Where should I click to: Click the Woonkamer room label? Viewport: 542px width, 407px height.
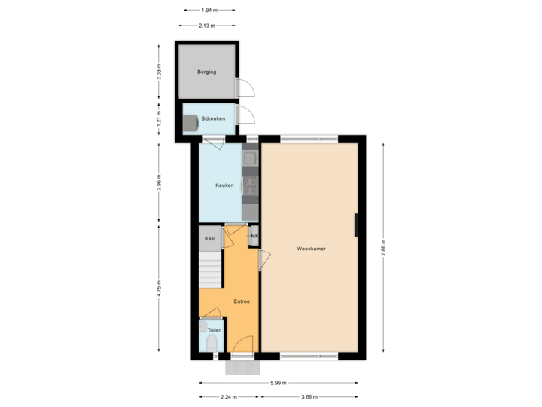coord(309,247)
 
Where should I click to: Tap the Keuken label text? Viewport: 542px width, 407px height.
coord(224,185)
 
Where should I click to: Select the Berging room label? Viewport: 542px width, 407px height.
coord(207,72)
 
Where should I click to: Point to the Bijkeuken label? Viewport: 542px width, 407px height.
coord(213,119)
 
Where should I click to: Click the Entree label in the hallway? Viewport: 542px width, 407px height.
coord(242,301)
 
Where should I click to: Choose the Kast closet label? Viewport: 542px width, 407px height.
coord(210,238)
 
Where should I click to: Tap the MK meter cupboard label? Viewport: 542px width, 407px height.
coord(254,235)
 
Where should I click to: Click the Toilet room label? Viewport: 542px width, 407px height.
coord(214,330)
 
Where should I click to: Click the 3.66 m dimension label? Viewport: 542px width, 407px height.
coord(309,397)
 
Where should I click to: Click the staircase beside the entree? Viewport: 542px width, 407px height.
coord(210,270)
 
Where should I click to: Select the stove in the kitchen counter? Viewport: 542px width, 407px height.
coord(250,185)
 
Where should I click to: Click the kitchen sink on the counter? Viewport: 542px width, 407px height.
coord(250,158)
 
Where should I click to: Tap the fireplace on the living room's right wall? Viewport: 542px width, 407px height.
coord(356,225)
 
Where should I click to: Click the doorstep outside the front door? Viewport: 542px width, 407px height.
coord(242,367)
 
